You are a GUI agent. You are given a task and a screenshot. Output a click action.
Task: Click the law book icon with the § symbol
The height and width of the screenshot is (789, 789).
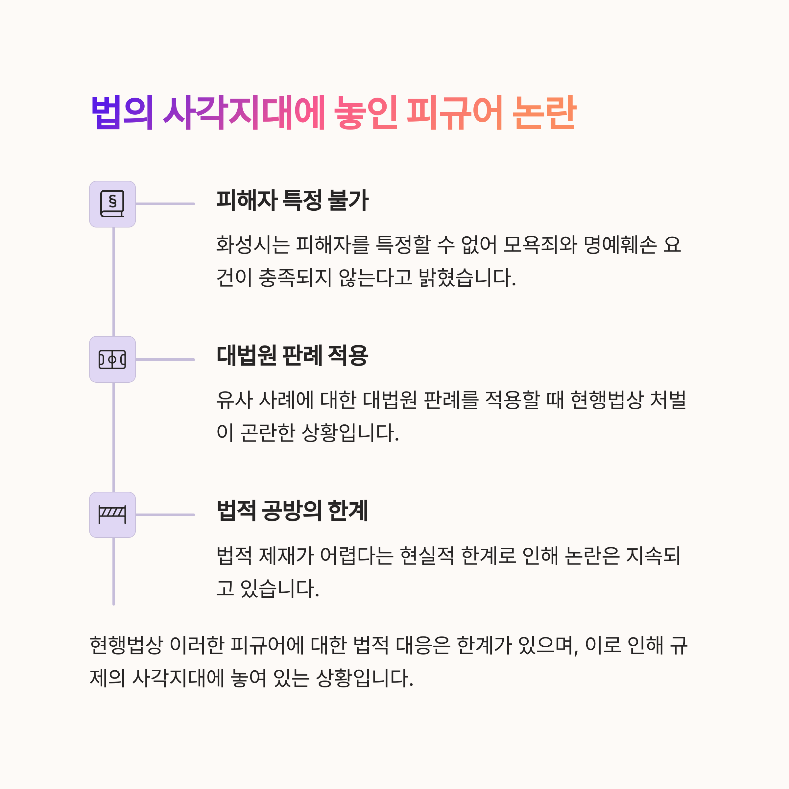tap(112, 204)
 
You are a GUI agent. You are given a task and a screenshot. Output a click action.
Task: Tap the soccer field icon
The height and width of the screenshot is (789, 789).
tap(112, 359)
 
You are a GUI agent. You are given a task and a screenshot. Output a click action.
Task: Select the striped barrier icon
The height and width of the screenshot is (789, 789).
tap(112, 514)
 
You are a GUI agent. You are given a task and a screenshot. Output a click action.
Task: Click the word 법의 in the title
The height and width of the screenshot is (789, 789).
tap(122, 113)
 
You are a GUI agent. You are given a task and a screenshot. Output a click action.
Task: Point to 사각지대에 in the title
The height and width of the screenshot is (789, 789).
tap(244, 113)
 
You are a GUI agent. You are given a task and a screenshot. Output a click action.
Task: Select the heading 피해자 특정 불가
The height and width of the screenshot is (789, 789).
tap(292, 201)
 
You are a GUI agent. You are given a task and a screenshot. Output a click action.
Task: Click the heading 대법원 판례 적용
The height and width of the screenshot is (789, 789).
tap(292, 356)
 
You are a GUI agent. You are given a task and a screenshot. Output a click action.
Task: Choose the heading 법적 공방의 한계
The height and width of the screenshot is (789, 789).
tap(292, 511)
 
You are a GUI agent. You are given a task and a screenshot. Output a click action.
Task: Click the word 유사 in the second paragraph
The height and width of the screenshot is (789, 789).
tap(234, 400)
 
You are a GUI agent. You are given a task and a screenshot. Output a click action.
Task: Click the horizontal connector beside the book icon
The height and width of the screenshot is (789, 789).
tap(165, 204)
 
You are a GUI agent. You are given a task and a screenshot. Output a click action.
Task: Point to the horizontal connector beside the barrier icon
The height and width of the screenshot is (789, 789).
tap(165, 514)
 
